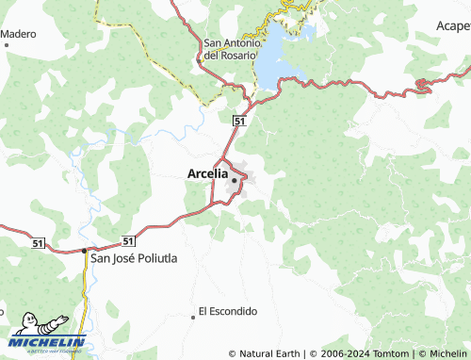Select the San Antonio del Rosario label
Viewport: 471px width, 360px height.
point(230,49)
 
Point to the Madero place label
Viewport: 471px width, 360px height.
point(18,34)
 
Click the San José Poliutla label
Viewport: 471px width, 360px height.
point(133,257)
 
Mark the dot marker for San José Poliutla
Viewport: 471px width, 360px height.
point(84,251)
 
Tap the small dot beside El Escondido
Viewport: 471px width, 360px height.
point(193,317)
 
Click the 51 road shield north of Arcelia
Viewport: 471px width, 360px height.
point(239,121)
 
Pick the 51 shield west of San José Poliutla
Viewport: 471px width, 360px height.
point(37,243)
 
